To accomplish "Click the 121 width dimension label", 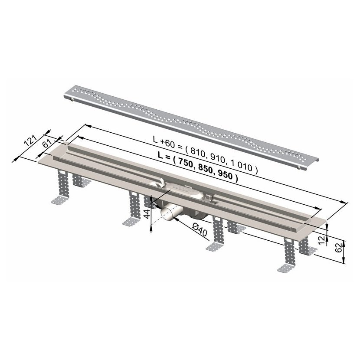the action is pyautogui.click(x=30, y=141).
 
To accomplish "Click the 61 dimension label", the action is pyautogui.click(x=46, y=144).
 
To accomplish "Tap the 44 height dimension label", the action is pyautogui.click(x=147, y=213).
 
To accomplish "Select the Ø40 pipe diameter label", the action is pyautogui.click(x=200, y=229).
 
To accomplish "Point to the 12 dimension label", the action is pyautogui.click(x=322, y=240).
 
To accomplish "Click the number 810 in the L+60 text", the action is pyautogui.click(x=197, y=153).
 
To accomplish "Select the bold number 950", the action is pyautogui.click(x=225, y=176).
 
